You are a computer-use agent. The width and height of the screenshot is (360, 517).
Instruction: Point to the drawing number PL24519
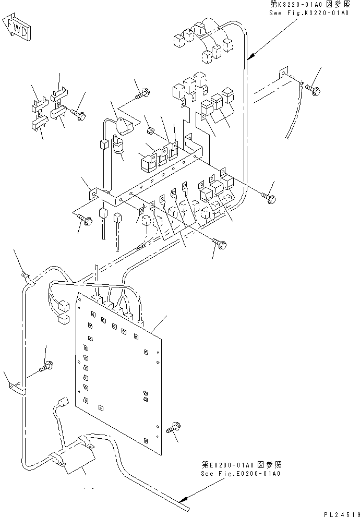340,513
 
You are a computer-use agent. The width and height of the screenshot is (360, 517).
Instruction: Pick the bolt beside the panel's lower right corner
173,429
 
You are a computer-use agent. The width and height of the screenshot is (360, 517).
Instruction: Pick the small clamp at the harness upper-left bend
25,276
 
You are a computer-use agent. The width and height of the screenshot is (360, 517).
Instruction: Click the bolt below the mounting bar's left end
86,221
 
